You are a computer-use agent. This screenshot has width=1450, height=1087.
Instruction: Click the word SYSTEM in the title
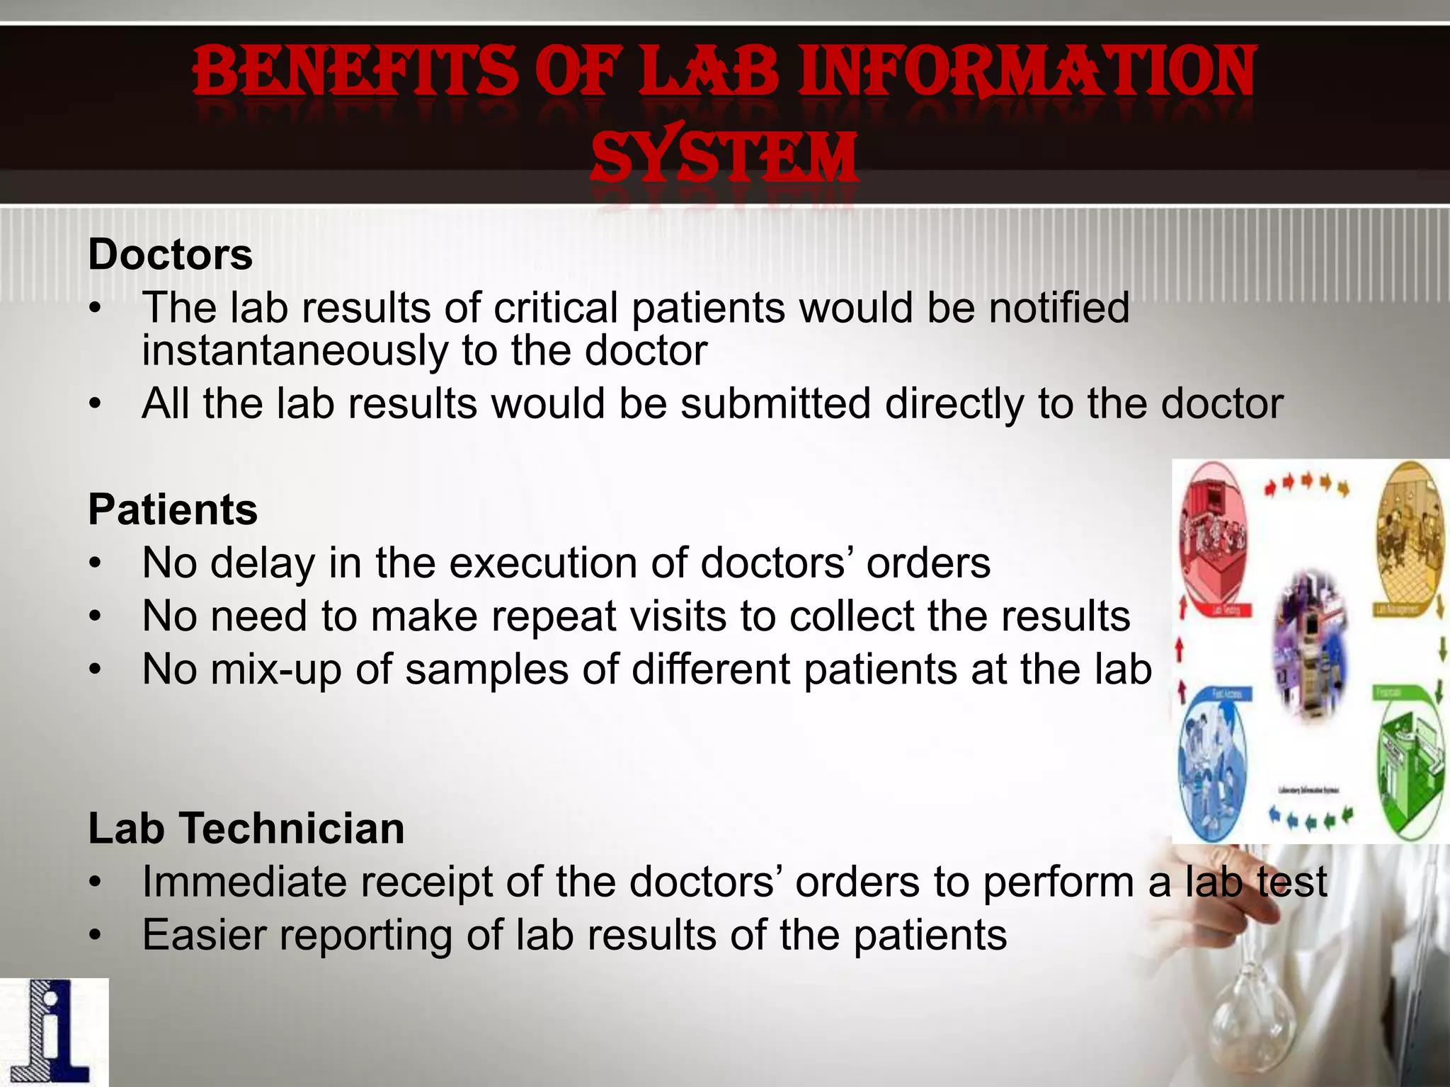(724, 157)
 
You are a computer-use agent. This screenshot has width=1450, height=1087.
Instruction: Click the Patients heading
(173, 510)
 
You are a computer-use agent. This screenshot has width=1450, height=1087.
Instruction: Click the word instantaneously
(295, 351)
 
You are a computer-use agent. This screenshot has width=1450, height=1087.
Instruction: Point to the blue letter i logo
(54, 1032)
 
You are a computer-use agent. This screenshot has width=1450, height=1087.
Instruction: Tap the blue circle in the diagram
(1212, 764)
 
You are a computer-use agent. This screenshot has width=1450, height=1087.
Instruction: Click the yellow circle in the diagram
(1410, 538)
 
